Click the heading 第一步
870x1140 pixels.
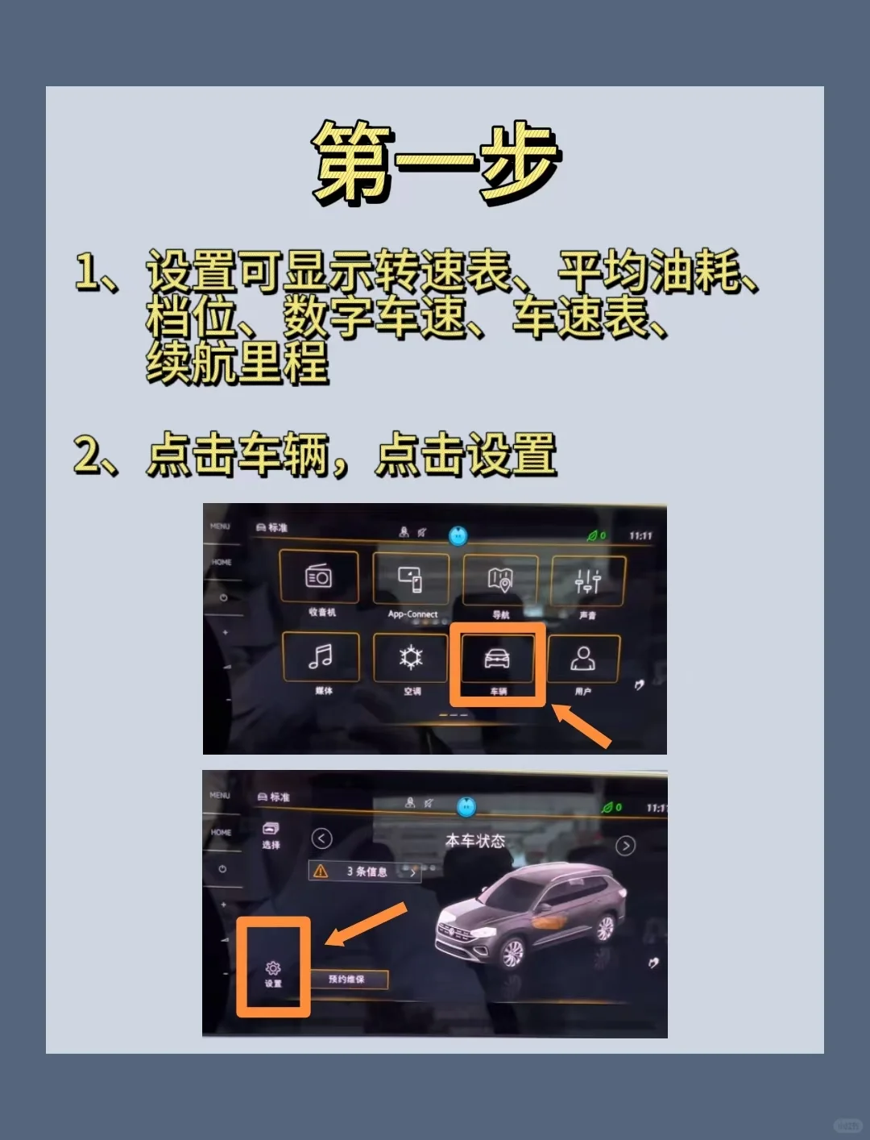435,161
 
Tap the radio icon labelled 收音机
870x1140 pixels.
319,577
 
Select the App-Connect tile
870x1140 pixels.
411,579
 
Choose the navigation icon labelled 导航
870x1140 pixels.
500,580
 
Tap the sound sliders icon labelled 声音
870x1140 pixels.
588,580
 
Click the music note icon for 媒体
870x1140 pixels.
321,657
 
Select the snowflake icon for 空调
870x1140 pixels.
411,658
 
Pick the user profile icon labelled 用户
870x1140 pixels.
582,659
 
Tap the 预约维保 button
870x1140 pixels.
346,979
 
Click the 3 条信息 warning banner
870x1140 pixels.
365,872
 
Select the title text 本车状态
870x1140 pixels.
475,841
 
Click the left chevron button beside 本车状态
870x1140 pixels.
321,838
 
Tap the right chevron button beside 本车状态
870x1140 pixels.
625,845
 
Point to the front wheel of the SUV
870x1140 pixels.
512,953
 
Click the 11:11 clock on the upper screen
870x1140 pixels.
640,535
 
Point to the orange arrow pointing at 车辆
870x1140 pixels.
582,726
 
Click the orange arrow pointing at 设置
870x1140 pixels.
367,924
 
